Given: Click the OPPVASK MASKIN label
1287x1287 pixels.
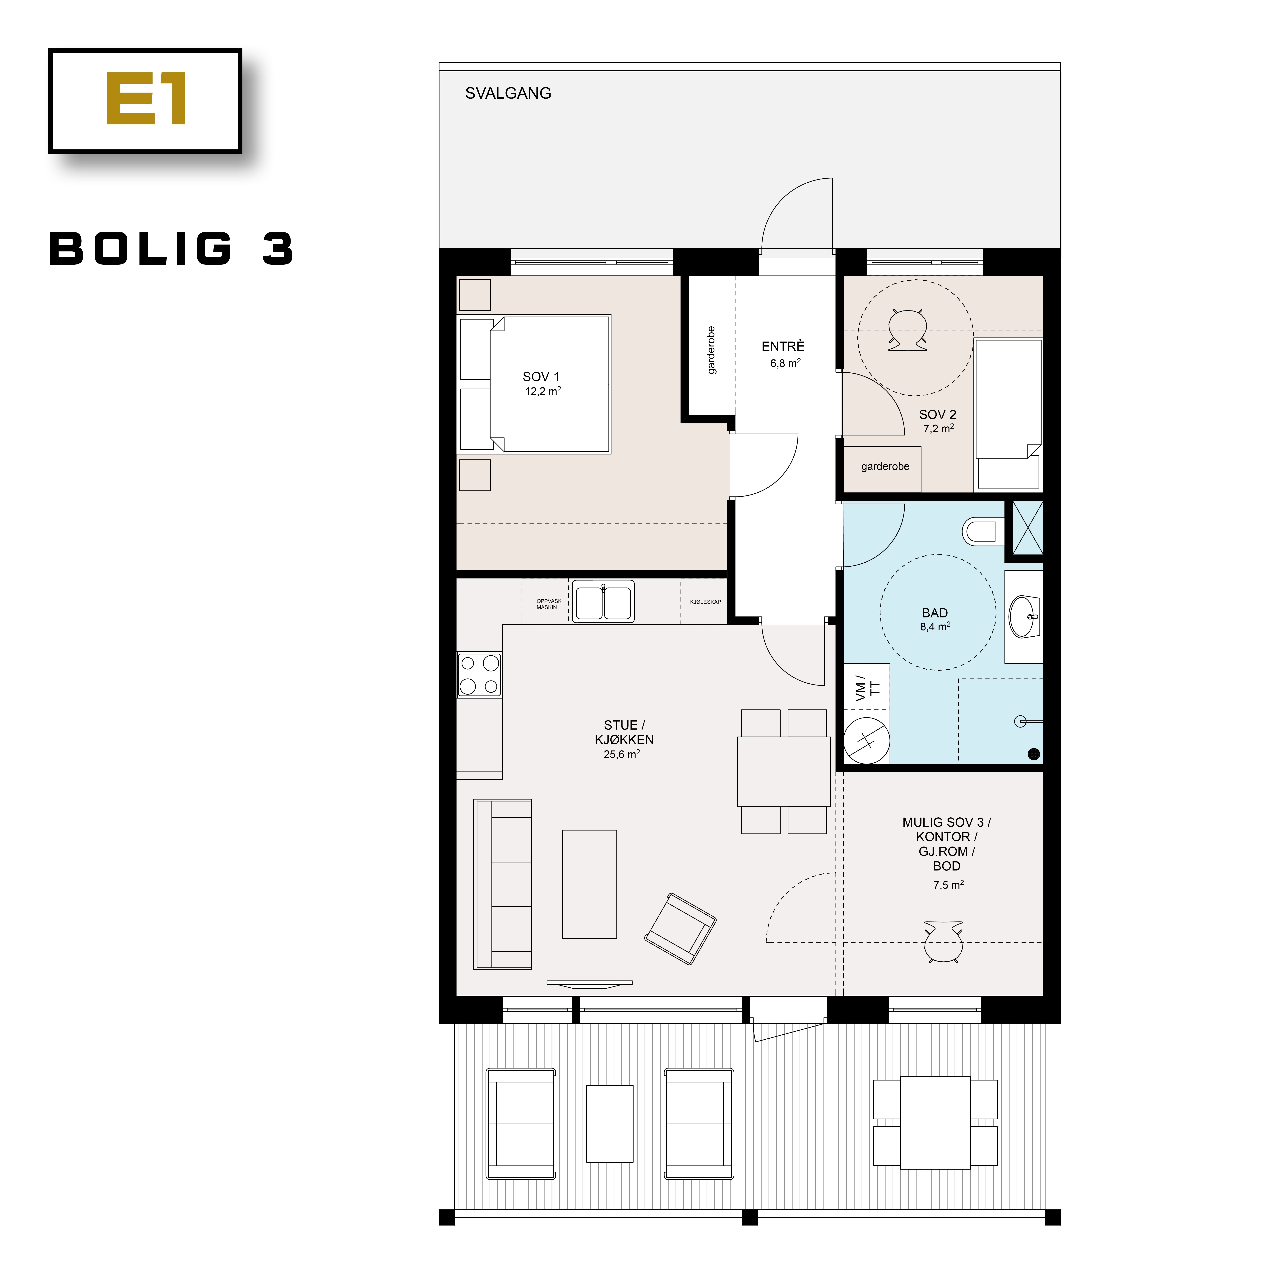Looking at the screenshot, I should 548,604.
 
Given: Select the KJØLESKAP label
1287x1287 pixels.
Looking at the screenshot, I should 705,602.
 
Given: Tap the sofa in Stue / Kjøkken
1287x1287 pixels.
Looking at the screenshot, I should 503,884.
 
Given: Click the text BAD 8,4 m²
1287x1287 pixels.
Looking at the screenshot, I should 935,619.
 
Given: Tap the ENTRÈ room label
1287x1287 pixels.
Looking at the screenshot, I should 783,353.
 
